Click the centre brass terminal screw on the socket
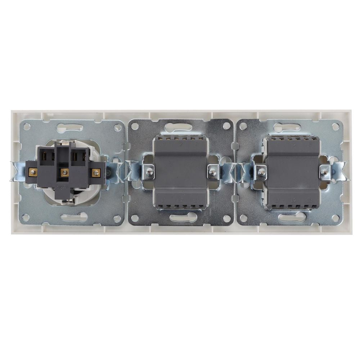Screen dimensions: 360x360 [64, 172]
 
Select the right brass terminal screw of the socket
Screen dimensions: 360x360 [95, 172]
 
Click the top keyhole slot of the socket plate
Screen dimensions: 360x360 [69, 127]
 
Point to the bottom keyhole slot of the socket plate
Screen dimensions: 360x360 [74, 217]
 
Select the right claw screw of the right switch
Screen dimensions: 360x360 [325, 172]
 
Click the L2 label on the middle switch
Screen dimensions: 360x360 [180, 200]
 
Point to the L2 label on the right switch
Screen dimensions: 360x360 [293, 200]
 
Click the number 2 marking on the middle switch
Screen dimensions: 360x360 [181, 144]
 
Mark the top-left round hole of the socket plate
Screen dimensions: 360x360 [26, 127]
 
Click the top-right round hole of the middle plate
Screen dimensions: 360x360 [226, 126]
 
